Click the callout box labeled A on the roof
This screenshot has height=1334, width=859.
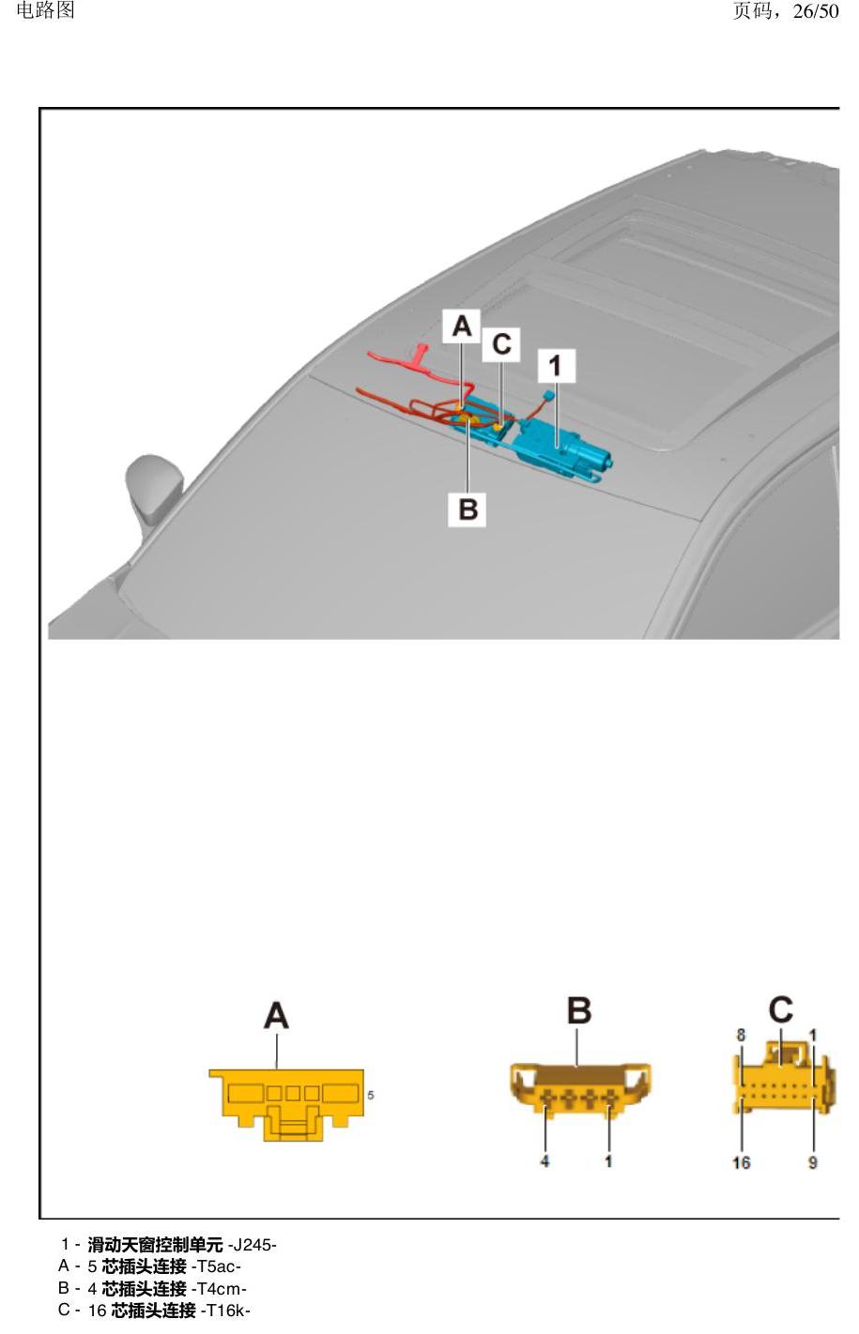pyautogui.click(x=461, y=326)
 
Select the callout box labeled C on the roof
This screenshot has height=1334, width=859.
pyautogui.click(x=500, y=344)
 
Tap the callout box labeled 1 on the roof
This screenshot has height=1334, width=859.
pyautogui.click(x=556, y=366)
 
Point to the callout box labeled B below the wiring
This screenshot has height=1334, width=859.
pyautogui.click(x=467, y=509)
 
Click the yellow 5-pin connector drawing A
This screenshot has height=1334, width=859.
pyautogui.click(x=286, y=1105)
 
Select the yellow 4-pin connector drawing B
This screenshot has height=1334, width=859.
pyautogui.click(x=580, y=1088)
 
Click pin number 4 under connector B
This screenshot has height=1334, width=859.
pyautogui.click(x=545, y=1160)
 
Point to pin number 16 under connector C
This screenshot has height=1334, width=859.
pyautogui.click(x=741, y=1162)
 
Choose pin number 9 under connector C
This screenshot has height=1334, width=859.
pyautogui.click(x=812, y=1162)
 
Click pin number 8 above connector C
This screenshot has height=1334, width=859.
pyautogui.click(x=741, y=1035)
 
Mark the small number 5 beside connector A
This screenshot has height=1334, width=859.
pyautogui.click(x=371, y=1095)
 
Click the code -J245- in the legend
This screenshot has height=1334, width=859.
pyautogui.click(x=253, y=1245)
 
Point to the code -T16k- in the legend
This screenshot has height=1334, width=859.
pyautogui.click(x=225, y=1311)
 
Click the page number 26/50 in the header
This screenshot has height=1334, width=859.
pyautogui.click(x=816, y=11)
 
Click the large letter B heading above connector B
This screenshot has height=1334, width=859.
pyautogui.click(x=579, y=1010)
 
